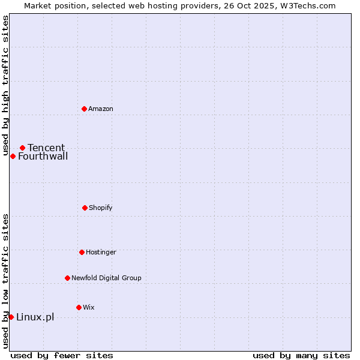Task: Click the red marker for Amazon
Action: point(84,109)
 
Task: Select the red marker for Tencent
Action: point(22,148)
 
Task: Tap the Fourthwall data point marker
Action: point(13,156)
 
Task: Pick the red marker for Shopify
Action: point(85,208)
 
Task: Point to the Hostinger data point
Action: point(82,252)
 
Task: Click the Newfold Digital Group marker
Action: point(67,278)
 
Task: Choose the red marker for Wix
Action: point(79,307)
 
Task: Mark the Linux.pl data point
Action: point(11,317)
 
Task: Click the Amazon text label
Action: point(101,109)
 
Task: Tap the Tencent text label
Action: point(46,148)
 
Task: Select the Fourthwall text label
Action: point(43,157)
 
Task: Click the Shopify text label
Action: point(101,208)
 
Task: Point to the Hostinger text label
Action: point(101,252)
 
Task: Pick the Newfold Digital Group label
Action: point(106,278)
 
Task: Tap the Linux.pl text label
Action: point(35,317)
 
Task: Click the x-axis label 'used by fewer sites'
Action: point(62,355)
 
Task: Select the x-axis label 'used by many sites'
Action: point(301,355)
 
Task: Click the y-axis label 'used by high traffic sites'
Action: point(5,85)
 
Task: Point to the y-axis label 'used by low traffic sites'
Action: point(5,281)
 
